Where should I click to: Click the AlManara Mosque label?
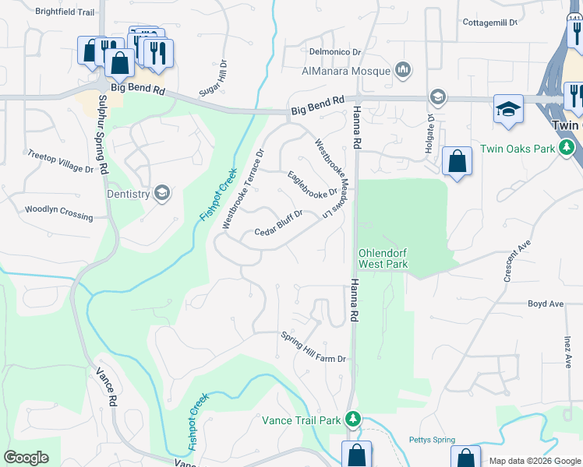coord(345,71)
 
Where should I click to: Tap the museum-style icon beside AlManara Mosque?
coord(403,71)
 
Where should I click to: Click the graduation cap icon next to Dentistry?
coord(162,193)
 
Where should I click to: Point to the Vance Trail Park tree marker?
coord(353,420)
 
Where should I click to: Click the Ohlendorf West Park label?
coord(383,258)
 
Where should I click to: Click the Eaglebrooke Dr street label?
coord(312,184)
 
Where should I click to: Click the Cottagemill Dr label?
coord(490,23)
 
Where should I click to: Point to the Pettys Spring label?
coord(431,440)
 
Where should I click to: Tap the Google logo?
coord(26,458)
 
